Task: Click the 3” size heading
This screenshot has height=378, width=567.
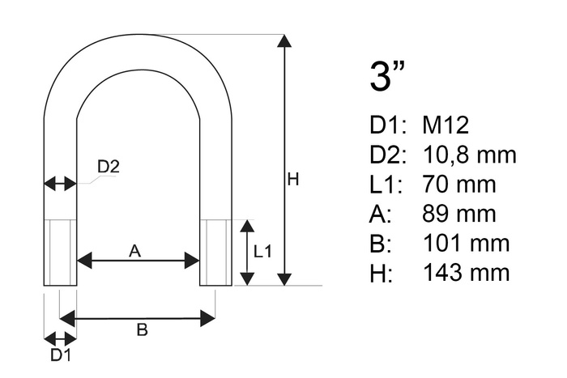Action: pos(387,75)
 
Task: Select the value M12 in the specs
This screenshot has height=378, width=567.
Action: pos(446,125)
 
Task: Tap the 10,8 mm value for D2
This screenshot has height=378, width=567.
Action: pos(469,155)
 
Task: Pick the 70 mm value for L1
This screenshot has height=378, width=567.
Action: pos(459,184)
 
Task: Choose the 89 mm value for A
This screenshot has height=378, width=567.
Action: pos(459,214)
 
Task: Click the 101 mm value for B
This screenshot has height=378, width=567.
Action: pos(466,243)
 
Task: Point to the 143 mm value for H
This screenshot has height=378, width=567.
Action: pos(466,272)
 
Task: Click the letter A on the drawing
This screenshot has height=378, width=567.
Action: pos(135,250)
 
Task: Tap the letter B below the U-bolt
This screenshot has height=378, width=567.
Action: pos(143,329)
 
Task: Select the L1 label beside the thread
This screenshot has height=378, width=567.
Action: pos(262,252)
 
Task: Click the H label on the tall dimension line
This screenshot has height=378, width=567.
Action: pos(293,179)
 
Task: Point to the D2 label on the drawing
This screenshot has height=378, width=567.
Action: pos(108,167)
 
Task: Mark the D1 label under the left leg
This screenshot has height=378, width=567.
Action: pos(61,355)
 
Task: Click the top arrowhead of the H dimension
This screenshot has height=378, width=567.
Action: pos(285,40)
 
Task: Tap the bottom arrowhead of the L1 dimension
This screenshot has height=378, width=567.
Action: pos(247,279)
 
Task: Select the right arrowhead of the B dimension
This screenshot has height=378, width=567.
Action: pos(208,319)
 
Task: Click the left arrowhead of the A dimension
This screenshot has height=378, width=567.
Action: pos(84,261)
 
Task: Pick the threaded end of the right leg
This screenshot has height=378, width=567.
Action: pos(216,253)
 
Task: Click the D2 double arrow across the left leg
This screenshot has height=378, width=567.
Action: pos(61,184)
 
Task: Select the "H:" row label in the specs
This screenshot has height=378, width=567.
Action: pos(381,273)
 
